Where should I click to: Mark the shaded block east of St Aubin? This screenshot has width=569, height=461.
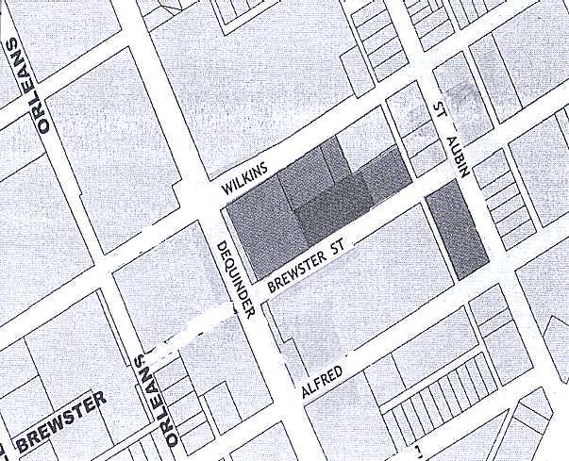point(458,231)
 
